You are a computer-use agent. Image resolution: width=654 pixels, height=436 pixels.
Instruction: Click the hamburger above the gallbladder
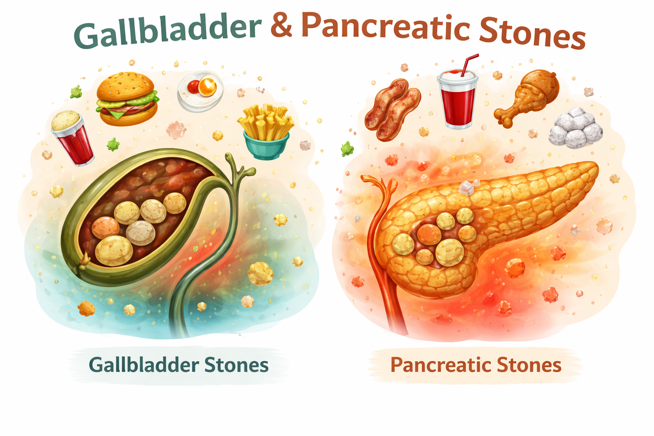coord(127,100)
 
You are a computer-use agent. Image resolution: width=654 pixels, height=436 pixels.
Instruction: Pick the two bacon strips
coord(392,110)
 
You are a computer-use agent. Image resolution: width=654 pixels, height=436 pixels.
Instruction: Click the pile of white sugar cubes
coord(575,126)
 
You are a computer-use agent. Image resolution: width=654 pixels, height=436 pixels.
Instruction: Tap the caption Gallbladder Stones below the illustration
coord(179,365)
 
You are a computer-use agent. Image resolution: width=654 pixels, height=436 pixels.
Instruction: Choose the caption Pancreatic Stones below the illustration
coord(476,365)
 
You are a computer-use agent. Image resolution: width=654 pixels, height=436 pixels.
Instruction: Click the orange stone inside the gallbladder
coord(105,228)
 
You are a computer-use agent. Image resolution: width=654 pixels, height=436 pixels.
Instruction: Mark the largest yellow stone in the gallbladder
coord(114,251)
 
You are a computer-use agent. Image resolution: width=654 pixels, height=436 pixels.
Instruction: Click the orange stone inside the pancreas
coord(428,234)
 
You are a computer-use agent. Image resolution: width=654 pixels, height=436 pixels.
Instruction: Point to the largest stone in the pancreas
coord(450,252)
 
